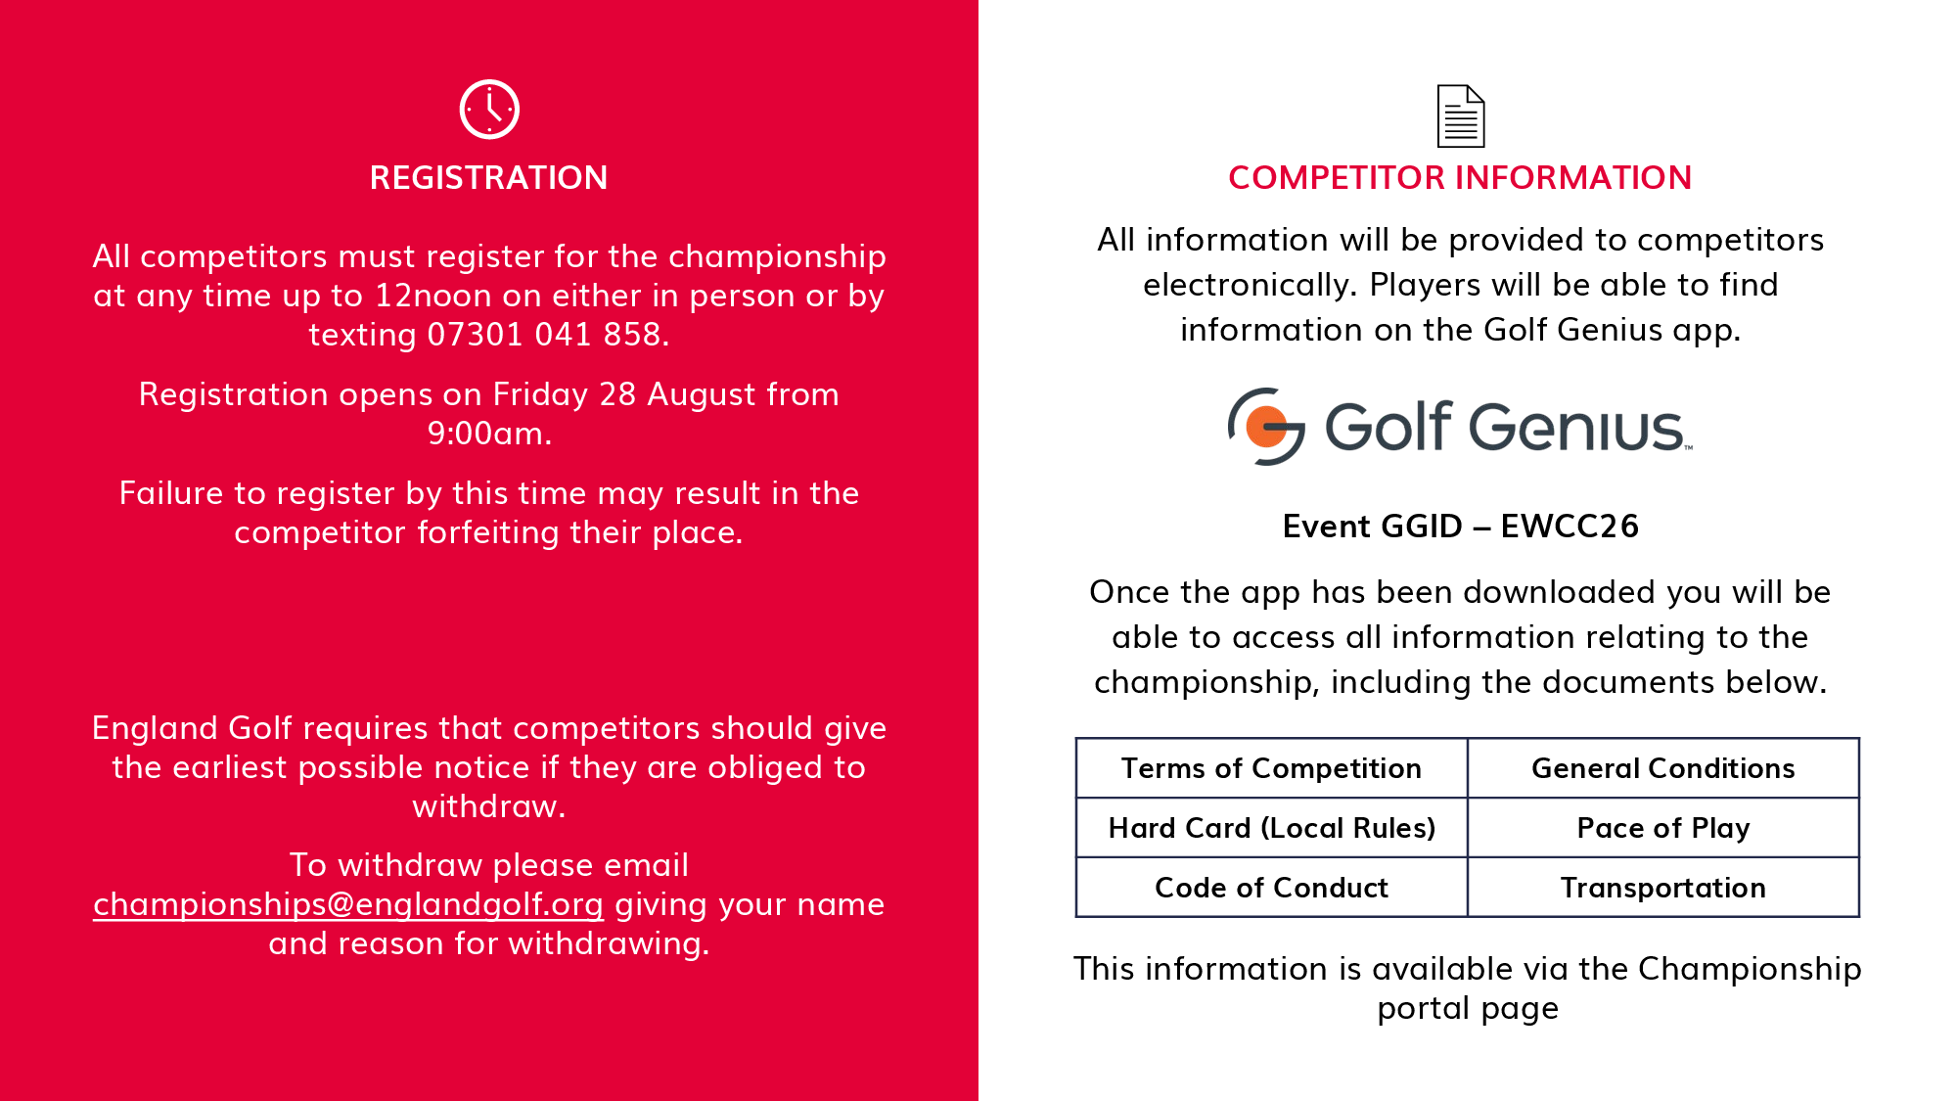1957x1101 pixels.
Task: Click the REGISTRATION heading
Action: coord(489,177)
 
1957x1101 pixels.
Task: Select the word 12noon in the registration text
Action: coord(435,296)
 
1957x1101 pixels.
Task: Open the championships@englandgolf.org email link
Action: coord(348,905)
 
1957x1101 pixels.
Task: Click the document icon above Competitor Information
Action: coord(1461,115)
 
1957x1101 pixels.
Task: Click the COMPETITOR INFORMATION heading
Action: coord(1460,177)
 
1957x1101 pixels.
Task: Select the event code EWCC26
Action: coord(1570,527)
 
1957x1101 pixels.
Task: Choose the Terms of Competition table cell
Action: coord(1272,768)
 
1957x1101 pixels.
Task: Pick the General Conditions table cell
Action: coord(1663,768)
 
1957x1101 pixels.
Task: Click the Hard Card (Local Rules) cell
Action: coord(1272,828)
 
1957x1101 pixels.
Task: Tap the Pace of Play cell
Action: coord(1663,828)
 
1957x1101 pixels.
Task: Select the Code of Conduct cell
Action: coord(1272,888)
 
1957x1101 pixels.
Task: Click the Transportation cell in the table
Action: coord(1663,888)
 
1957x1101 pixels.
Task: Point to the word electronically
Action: coord(1251,286)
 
